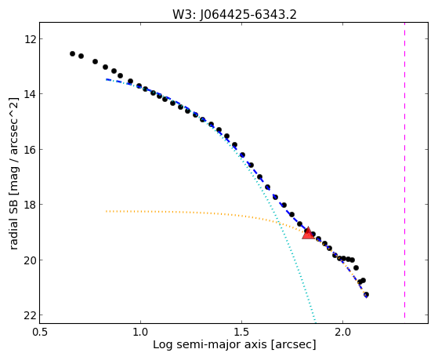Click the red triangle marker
(x=308, y=233)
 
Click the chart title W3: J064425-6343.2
(x=234, y=15)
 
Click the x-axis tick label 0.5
(x=40, y=332)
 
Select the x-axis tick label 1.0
(x=140, y=332)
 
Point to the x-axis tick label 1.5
(x=241, y=332)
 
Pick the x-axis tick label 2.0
(x=342, y=332)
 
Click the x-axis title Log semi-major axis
(x=210, y=344)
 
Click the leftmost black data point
(x=72, y=53)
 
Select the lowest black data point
(x=366, y=295)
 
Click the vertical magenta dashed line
(x=404, y=170)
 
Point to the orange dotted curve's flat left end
(x=107, y=211)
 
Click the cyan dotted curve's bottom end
(x=315, y=322)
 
